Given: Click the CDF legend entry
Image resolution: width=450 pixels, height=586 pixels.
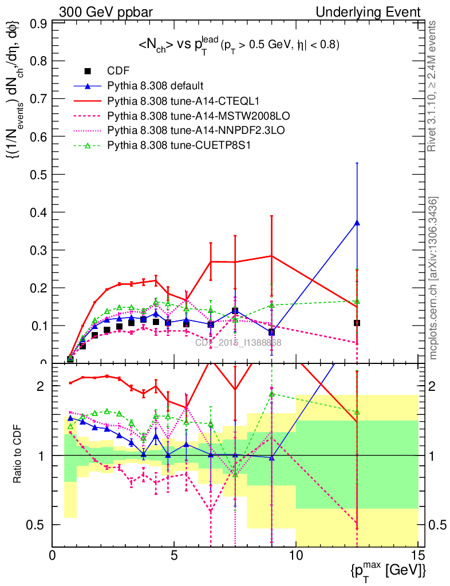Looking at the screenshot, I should click(119, 71).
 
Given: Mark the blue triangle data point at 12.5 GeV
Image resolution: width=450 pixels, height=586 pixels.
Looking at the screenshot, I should click(357, 223).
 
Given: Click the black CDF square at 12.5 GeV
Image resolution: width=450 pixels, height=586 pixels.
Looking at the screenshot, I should click(357, 323).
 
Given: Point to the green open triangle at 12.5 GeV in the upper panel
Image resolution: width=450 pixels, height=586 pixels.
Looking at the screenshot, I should click(357, 301).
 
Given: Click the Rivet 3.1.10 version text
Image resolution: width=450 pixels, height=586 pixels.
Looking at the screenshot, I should click(433, 86).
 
